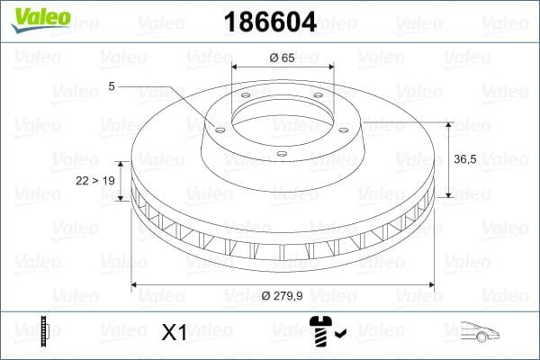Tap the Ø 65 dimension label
pos(282,58)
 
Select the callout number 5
pos(112,86)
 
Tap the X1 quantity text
pos(173,333)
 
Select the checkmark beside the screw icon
pos(338,336)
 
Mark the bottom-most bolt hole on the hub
pos(281,154)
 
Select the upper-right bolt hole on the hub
pos(319,98)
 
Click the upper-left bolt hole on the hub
pos(246,98)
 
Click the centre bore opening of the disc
pos(282,117)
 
